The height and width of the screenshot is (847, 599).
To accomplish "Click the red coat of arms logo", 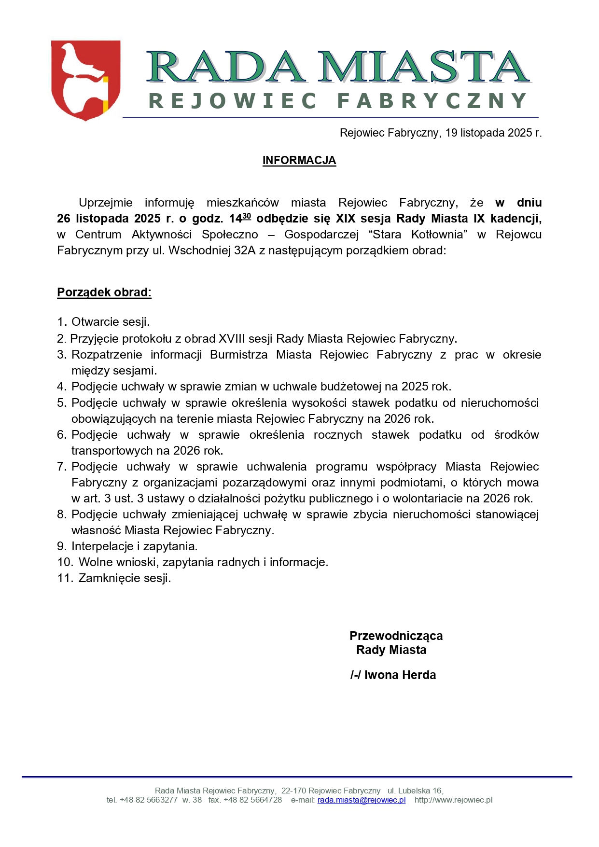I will coord(85,80).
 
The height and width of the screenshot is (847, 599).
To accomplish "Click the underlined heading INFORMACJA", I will coord(299,160).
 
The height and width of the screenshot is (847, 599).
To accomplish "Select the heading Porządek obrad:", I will coord(104,292).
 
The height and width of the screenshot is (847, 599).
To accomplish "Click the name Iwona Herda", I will coord(400,675).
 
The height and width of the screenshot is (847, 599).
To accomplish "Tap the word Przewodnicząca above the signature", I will coord(396,636).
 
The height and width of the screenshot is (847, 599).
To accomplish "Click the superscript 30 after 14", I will coord(247,216).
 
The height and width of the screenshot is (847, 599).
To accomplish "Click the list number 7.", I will coord(61,467).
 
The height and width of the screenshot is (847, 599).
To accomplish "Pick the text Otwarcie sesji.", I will coord(111,322).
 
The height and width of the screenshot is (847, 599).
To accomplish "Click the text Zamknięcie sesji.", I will coord(125,578).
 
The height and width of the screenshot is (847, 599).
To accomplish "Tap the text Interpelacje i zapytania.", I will coord(134,546).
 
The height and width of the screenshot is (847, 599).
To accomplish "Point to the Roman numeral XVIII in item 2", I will coord(231,338).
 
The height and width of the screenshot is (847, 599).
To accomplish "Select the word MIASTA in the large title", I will coord(423,68).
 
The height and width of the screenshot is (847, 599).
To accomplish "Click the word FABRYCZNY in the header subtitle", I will coord(432,101).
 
